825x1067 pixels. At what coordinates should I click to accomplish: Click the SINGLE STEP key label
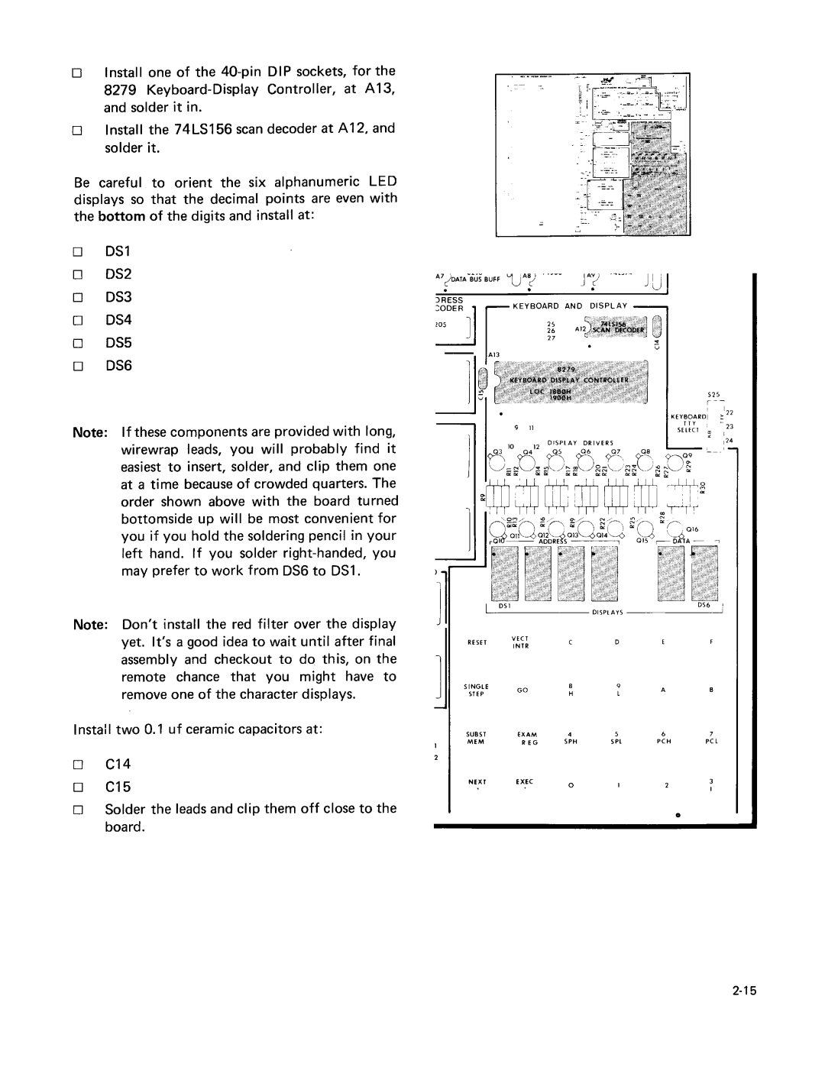click(477, 690)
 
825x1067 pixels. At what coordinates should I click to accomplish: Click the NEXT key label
click(477, 783)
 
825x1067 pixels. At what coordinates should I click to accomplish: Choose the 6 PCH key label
click(664, 738)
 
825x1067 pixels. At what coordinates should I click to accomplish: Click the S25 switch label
click(714, 393)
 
